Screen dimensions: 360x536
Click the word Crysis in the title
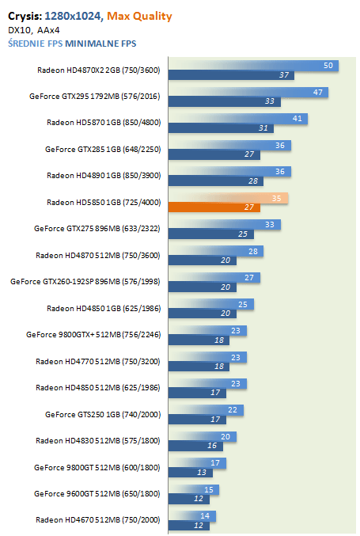click(25, 16)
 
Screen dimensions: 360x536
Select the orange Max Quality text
click(139, 16)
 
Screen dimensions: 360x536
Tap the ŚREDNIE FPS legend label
click(36, 44)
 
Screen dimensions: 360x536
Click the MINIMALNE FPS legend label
click(100, 44)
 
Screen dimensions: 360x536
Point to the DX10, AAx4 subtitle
click(34, 30)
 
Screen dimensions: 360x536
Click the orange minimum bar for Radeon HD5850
click(214, 207)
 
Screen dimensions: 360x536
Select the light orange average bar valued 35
click(228, 198)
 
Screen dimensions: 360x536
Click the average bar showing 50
click(253, 65)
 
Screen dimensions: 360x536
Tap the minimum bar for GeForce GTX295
click(225, 101)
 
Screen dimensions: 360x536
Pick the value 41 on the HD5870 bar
click(297, 118)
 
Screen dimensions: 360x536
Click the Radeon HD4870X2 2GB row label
click(99, 70)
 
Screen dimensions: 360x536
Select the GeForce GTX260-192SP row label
click(85, 281)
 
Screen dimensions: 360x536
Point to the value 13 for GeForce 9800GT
click(202, 472)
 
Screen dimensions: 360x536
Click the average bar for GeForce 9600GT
click(194, 489)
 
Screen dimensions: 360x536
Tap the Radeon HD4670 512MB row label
click(97, 519)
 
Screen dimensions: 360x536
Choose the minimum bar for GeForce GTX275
click(211, 234)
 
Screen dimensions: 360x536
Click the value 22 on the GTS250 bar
click(233, 409)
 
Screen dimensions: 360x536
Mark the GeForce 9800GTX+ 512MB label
click(93, 334)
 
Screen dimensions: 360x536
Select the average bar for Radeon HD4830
click(203, 436)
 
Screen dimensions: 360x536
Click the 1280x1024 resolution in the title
click(73, 16)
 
